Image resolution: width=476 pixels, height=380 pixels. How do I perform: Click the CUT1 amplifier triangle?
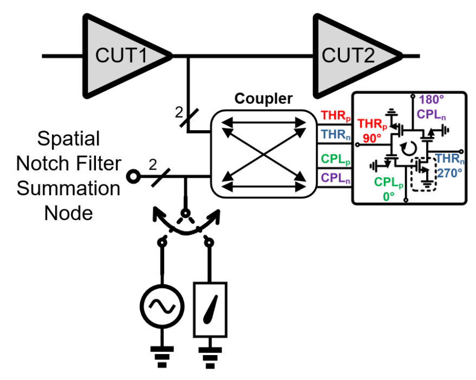coord(123,55)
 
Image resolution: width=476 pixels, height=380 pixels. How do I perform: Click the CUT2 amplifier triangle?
coord(352,55)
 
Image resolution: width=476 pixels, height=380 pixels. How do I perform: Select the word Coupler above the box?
coord(263,99)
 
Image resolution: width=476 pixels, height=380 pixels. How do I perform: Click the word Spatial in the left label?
coord(68,139)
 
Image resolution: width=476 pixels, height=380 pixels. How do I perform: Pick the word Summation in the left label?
coord(68,189)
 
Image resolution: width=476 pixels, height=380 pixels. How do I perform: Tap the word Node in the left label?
coord(68,213)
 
